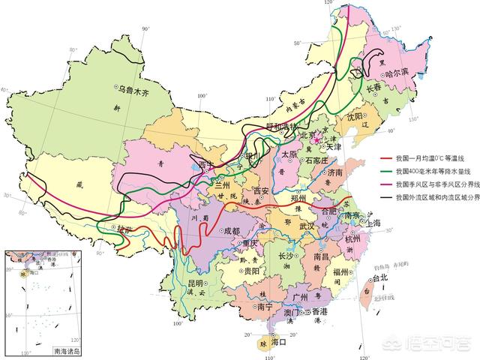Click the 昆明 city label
(195, 283)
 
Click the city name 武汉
(307, 226)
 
